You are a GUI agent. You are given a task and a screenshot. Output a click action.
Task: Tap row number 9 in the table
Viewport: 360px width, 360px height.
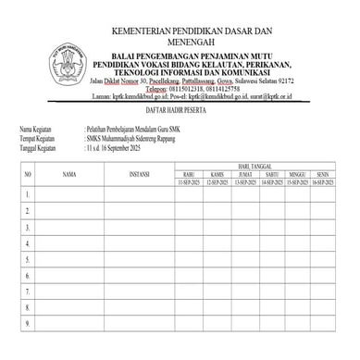click(29, 323)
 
